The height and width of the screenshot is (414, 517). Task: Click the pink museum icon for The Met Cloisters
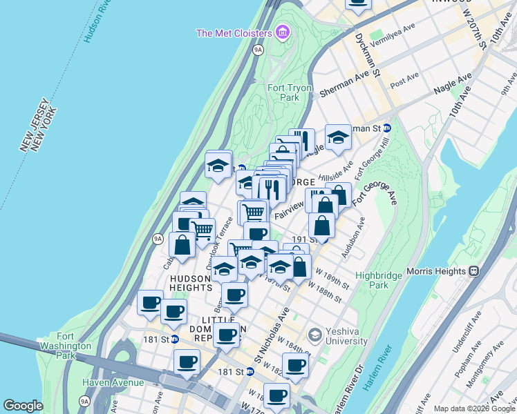[281, 32]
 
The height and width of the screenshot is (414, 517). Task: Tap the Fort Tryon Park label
[287, 92]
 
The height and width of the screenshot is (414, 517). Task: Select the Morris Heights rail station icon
[474, 271]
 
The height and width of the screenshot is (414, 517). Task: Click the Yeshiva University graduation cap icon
[315, 335]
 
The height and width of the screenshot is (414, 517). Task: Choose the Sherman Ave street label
[346, 84]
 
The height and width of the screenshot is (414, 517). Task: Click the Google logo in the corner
[23, 406]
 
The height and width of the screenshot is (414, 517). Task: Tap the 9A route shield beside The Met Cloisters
[258, 50]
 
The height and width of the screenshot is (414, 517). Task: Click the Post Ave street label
[405, 79]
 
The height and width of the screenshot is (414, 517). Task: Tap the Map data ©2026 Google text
[473, 408]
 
